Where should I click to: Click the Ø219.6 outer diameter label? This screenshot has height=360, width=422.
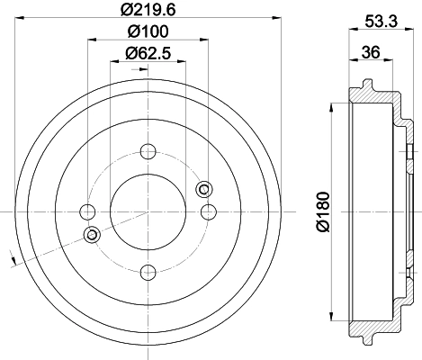(148, 12)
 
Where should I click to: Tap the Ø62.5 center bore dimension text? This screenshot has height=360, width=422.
(148, 53)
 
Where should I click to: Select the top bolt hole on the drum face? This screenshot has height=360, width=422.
(148, 151)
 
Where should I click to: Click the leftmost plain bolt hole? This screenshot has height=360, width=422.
(87, 211)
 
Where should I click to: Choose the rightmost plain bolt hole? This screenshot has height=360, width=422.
(208, 211)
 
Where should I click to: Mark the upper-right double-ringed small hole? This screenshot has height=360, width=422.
(203, 188)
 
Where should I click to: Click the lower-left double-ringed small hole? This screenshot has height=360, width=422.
(91, 234)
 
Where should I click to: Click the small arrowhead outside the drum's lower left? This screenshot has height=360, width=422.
(13, 262)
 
